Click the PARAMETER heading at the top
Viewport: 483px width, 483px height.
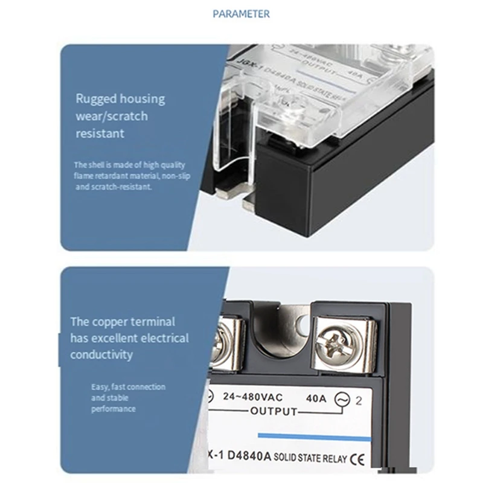pos(241,13)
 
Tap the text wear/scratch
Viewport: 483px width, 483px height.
pos(111,116)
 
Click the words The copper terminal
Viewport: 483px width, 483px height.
pos(123,322)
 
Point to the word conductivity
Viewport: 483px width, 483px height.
pos(101,354)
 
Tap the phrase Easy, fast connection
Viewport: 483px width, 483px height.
pos(128,386)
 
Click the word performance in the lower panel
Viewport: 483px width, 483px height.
pos(114,409)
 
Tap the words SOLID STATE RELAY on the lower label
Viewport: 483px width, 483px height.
pos(310,459)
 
